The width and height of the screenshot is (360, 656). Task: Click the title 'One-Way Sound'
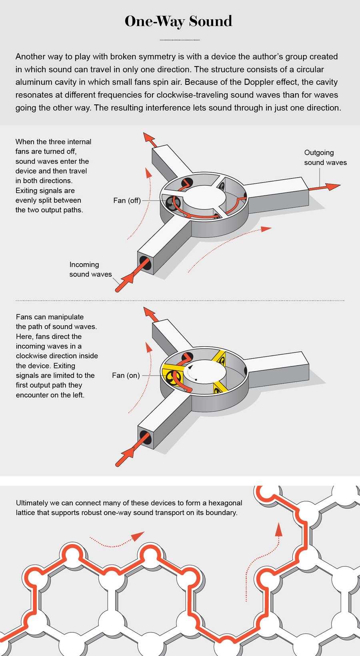pyautogui.click(x=178, y=21)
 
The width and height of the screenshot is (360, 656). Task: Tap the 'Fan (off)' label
pyautogui.click(x=127, y=200)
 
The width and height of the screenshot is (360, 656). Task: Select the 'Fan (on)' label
pyautogui.click(x=126, y=375)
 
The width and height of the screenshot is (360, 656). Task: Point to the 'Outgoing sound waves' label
pyautogui.click(x=325, y=158)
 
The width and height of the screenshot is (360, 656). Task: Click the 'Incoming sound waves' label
pyautogui.click(x=90, y=269)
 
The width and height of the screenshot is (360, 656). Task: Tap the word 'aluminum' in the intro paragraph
pyautogui.click(x=34, y=82)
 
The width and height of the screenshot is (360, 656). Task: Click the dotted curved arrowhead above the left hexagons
pyautogui.click(x=138, y=536)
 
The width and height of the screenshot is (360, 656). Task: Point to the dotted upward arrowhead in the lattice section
pyautogui.click(x=279, y=529)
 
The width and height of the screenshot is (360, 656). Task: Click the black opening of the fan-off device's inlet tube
pyautogui.click(x=145, y=263)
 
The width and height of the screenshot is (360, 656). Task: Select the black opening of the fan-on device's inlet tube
pyautogui.click(x=146, y=437)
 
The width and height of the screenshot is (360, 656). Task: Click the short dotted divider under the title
pyautogui.click(x=180, y=40)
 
